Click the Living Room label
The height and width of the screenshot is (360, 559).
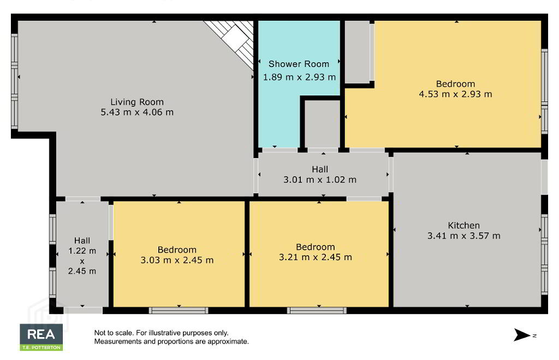[x=137, y=102]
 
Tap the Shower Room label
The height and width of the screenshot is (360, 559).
[x=299, y=64]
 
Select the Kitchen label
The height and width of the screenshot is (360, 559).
[x=464, y=225]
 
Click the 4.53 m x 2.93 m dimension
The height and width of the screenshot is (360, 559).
[x=455, y=94]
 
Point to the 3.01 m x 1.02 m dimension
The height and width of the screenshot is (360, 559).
[x=320, y=180]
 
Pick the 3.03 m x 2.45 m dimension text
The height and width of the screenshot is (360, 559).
[x=177, y=260]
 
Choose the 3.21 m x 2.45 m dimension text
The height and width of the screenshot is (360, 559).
[x=315, y=257]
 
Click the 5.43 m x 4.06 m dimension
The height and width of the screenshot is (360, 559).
[x=137, y=112]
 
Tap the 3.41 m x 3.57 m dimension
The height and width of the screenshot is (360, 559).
[x=464, y=236]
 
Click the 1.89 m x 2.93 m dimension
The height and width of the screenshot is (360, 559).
[x=299, y=77]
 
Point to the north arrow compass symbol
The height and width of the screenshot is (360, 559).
[x=522, y=335]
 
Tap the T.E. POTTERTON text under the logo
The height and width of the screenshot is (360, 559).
[x=41, y=347]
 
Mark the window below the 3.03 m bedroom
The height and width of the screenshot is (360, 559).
[x=179, y=310]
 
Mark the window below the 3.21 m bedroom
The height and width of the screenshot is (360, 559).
[x=317, y=310]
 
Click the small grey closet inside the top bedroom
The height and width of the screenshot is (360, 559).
[x=357, y=52]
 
